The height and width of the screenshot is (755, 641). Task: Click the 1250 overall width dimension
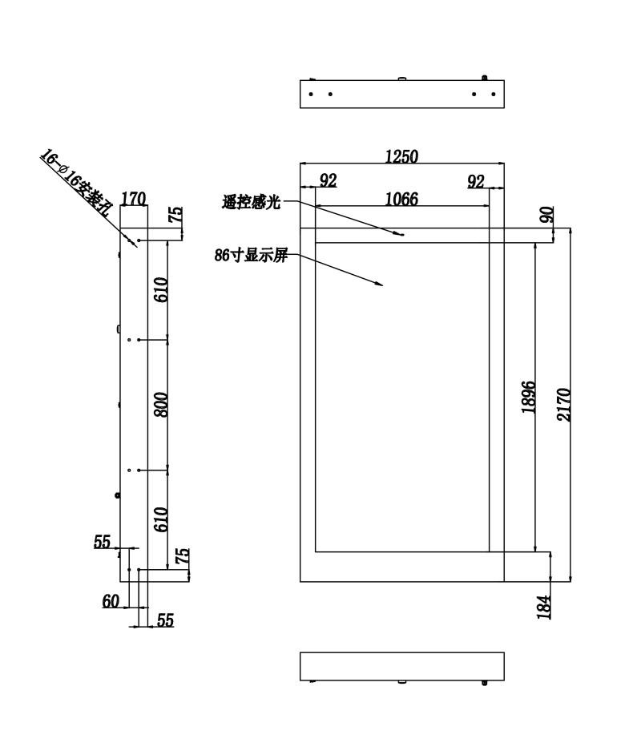click(x=402, y=156)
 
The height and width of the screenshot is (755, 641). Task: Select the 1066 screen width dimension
click(x=402, y=199)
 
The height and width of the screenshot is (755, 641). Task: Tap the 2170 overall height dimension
click(x=563, y=405)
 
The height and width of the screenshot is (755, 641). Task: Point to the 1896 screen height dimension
click(x=528, y=397)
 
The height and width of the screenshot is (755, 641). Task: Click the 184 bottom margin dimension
click(x=544, y=607)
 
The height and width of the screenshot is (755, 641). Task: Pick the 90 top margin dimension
click(x=546, y=215)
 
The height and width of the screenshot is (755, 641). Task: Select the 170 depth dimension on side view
click(x=133, y=199)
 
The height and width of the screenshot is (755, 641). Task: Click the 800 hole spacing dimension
click(x=161, y=405)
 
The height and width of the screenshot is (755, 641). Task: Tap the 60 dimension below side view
click(x=111, y=601)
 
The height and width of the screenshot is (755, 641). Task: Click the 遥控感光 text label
click(x=252, y=202)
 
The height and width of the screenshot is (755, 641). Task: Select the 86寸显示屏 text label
click(x=252, y=255)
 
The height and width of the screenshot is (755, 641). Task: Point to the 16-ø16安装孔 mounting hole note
click(x=75, y=183)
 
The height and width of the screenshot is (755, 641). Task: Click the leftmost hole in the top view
click(x=311, y=94)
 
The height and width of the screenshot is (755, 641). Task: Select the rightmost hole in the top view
click(x=494, y=94)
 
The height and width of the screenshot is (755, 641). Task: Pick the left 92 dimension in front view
click(x=329, y=180)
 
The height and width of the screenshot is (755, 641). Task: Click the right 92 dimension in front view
click(x=476, y=181)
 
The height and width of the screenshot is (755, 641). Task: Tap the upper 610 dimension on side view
click(x=161, y=289)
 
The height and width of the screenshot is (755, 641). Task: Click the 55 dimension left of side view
click(x=102, y=542)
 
